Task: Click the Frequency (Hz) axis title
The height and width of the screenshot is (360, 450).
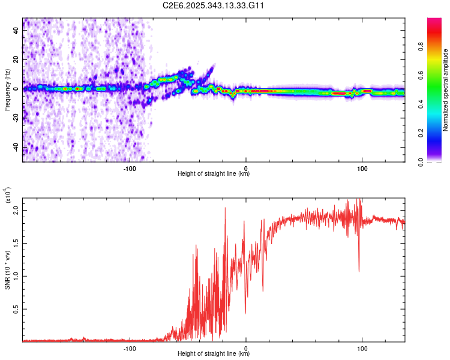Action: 7,90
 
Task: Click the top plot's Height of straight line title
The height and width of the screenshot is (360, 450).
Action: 214,174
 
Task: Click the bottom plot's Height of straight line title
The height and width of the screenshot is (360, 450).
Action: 214,354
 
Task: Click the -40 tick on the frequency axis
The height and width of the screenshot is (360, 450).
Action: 16,147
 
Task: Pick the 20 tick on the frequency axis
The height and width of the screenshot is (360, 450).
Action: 16,60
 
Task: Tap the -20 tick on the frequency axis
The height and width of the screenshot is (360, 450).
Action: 16,118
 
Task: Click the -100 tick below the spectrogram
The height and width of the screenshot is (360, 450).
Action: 130,167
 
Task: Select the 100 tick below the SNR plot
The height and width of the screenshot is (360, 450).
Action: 362,347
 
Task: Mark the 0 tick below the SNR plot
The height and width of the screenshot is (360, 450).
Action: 246,347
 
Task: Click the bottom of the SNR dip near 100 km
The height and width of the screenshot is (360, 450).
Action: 359,271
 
